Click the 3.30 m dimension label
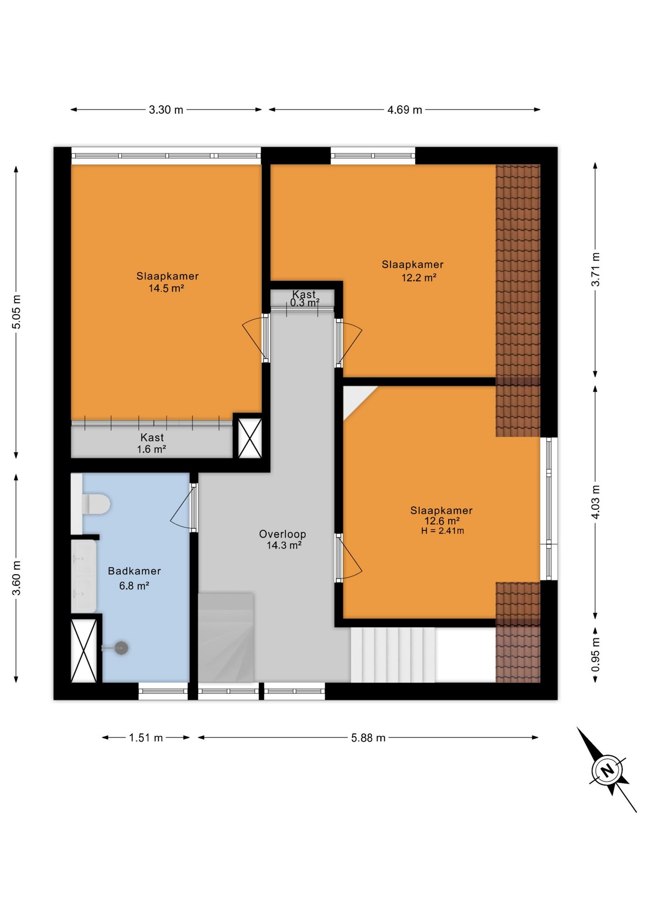coord(166,110)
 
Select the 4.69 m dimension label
coord(404,110)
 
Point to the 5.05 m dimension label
coord(16,312)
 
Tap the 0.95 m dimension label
coord(595,654)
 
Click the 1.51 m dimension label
coord(146,738)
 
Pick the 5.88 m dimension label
coord(368,738)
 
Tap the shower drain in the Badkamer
coord(121,648)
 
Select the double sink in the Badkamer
coord(84,576)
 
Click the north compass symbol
coord(607,770)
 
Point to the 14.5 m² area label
coord(166,288)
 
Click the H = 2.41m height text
coord(442,531)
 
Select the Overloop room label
coord(282,534)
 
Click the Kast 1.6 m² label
coord(151,443)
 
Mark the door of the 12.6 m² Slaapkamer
coord(349,558)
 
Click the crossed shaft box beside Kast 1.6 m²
coord(250,438)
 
